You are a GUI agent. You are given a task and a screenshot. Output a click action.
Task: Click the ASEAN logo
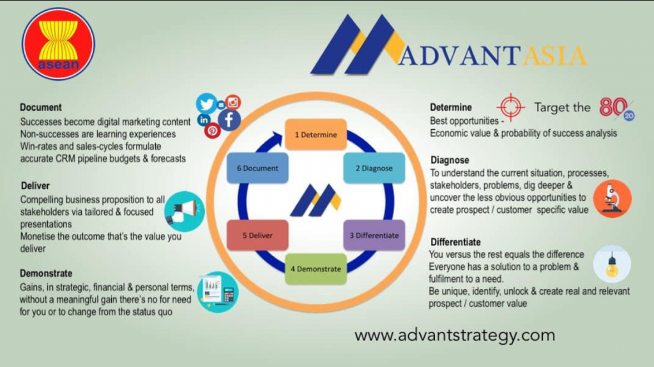58,44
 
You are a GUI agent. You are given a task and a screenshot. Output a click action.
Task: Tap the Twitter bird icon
206,104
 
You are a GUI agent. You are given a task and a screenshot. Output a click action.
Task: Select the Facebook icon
229,120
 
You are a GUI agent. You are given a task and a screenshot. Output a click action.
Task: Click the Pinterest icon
212,131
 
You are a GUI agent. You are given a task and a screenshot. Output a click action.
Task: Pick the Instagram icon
233,102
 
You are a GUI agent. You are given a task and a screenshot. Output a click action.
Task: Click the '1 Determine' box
316,134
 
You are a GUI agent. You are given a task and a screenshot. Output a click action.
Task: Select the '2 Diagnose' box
374,168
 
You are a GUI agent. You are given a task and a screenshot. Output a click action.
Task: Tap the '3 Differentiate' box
374,235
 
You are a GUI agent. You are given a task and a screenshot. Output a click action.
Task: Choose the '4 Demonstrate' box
316,269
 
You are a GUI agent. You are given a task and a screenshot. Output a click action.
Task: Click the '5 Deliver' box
257,235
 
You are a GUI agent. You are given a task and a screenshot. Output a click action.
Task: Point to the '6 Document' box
257,168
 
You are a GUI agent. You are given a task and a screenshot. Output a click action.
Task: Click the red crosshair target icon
510,107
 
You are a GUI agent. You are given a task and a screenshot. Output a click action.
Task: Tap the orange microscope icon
612,199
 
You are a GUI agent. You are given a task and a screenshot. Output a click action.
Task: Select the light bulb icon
612,264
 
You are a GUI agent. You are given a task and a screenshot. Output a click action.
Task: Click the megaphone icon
185,211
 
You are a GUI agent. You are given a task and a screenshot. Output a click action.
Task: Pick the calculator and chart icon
218,292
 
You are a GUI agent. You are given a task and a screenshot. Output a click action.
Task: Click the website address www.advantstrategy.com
455,336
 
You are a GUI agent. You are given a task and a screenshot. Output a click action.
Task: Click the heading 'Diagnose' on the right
450,160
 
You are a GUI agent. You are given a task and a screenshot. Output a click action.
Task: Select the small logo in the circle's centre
316,200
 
